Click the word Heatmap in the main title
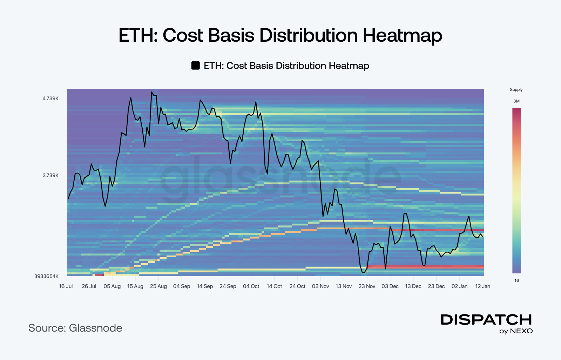(x=402, y=35)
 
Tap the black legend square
(x=195, y=66)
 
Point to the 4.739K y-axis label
(x=50, y=99)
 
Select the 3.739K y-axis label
(x=50, y=175)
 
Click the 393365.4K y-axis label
(x=46, y=276)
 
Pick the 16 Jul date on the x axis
(x=66, y=286)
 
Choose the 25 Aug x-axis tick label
(x=158, y=286)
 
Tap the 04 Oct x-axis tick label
(x=251, y=286)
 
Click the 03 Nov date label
(x=320, y=286)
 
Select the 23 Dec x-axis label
(x=436, y=286)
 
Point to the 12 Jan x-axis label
(x=482, y=286)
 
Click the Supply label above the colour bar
(x=516, y=90)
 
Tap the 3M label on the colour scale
(x=516, y=101)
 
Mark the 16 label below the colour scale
(x=516, y=280)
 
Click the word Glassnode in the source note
(x=95, y=328)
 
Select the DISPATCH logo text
(x=486, y=320)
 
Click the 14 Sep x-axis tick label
(x=205, y=286)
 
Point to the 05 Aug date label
(x=112, y=286)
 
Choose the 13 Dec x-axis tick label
(x=413, y=286)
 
